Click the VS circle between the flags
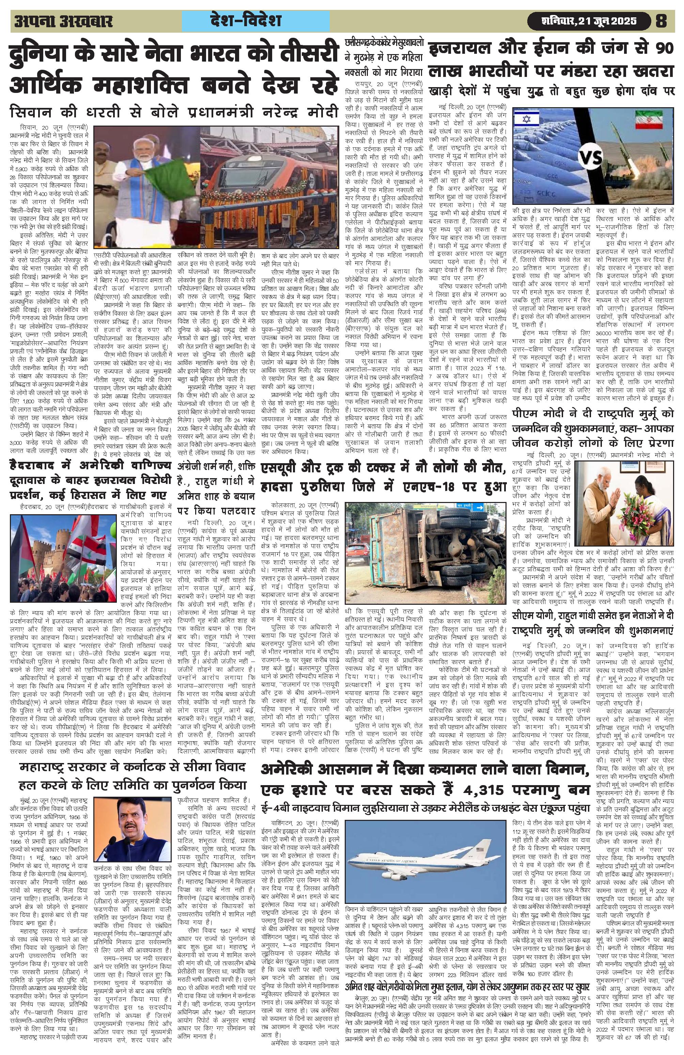592,158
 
